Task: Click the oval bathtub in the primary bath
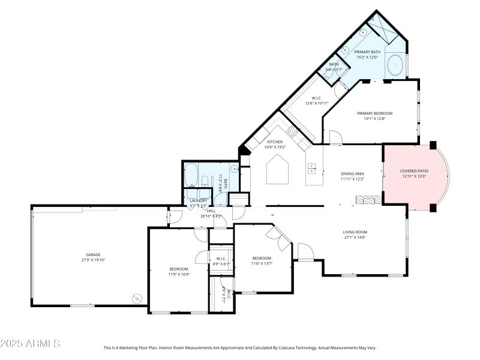coord(394,66)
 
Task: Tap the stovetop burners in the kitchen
coord(292,131)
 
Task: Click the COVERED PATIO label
coord(414,171)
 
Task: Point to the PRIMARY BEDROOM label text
coord(374,113)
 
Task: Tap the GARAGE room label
coord(93,254)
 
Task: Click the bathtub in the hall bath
coord(191,175)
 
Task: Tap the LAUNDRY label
coord(198,200)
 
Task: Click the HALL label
coord(211,211)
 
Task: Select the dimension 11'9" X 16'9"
coord(179,274)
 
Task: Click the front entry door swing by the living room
coord(305,252)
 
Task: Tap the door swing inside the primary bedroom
coord(335,138)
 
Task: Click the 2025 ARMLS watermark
coord(30,344)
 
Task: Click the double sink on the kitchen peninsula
coord(312,168)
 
